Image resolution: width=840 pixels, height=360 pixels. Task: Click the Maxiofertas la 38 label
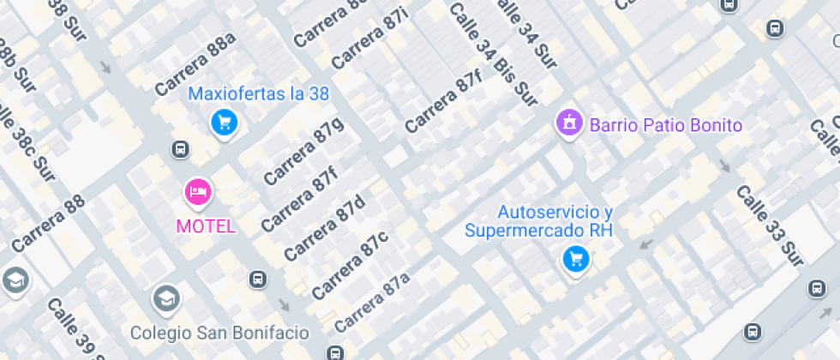click(x=258, y=94)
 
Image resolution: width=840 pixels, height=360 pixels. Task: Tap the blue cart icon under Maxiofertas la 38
click(x=224, y=123)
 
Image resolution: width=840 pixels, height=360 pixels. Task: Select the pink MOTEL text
click(x=206, y=226)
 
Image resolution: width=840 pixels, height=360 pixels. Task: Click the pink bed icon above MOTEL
click(x=198, y=192)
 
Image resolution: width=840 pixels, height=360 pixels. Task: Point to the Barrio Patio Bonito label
click(x=665, y=125)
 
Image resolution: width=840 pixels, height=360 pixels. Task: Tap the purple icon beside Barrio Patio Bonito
click(x=567, y=123)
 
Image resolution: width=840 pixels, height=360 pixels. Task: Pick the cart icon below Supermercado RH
click(x=575, y=258)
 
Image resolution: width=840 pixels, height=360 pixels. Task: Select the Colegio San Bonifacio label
click(x=219, y=332)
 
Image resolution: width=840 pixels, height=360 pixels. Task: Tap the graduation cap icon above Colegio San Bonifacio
click(x=165, y=299)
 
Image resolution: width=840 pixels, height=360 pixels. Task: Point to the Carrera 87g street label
click(x=303, y=151)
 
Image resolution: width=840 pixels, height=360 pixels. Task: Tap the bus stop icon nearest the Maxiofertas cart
click(x=180, y=150)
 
